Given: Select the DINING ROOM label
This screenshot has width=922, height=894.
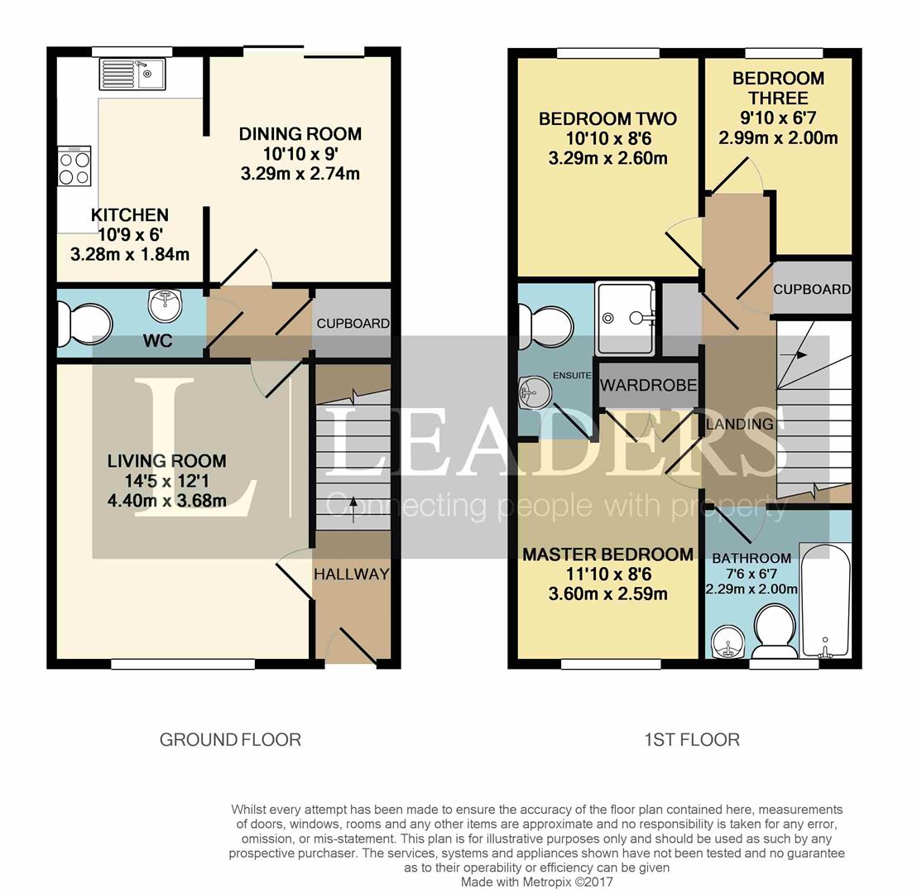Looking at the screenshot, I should coord(300,134).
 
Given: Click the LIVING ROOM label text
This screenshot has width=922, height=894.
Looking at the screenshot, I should coord(166,461).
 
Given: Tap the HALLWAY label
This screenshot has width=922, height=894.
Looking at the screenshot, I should coord(351,574).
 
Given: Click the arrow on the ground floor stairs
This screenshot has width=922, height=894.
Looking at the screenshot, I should coord(353,506).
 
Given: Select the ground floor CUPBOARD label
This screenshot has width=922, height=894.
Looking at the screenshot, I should coord(353,324).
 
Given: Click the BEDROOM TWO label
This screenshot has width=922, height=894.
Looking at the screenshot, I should coord(607,119).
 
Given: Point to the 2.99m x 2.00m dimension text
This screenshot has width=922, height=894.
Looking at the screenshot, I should coord(778,137).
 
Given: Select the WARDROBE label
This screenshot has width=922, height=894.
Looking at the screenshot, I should coord(648,386).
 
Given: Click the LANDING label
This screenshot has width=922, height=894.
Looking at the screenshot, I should coord(739,424).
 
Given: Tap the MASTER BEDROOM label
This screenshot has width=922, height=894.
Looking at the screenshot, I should coord(607,555).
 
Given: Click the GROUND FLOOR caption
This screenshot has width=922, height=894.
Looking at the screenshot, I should coord(230,739).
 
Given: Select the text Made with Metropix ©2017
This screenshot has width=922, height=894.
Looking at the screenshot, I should coord(537,882).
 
